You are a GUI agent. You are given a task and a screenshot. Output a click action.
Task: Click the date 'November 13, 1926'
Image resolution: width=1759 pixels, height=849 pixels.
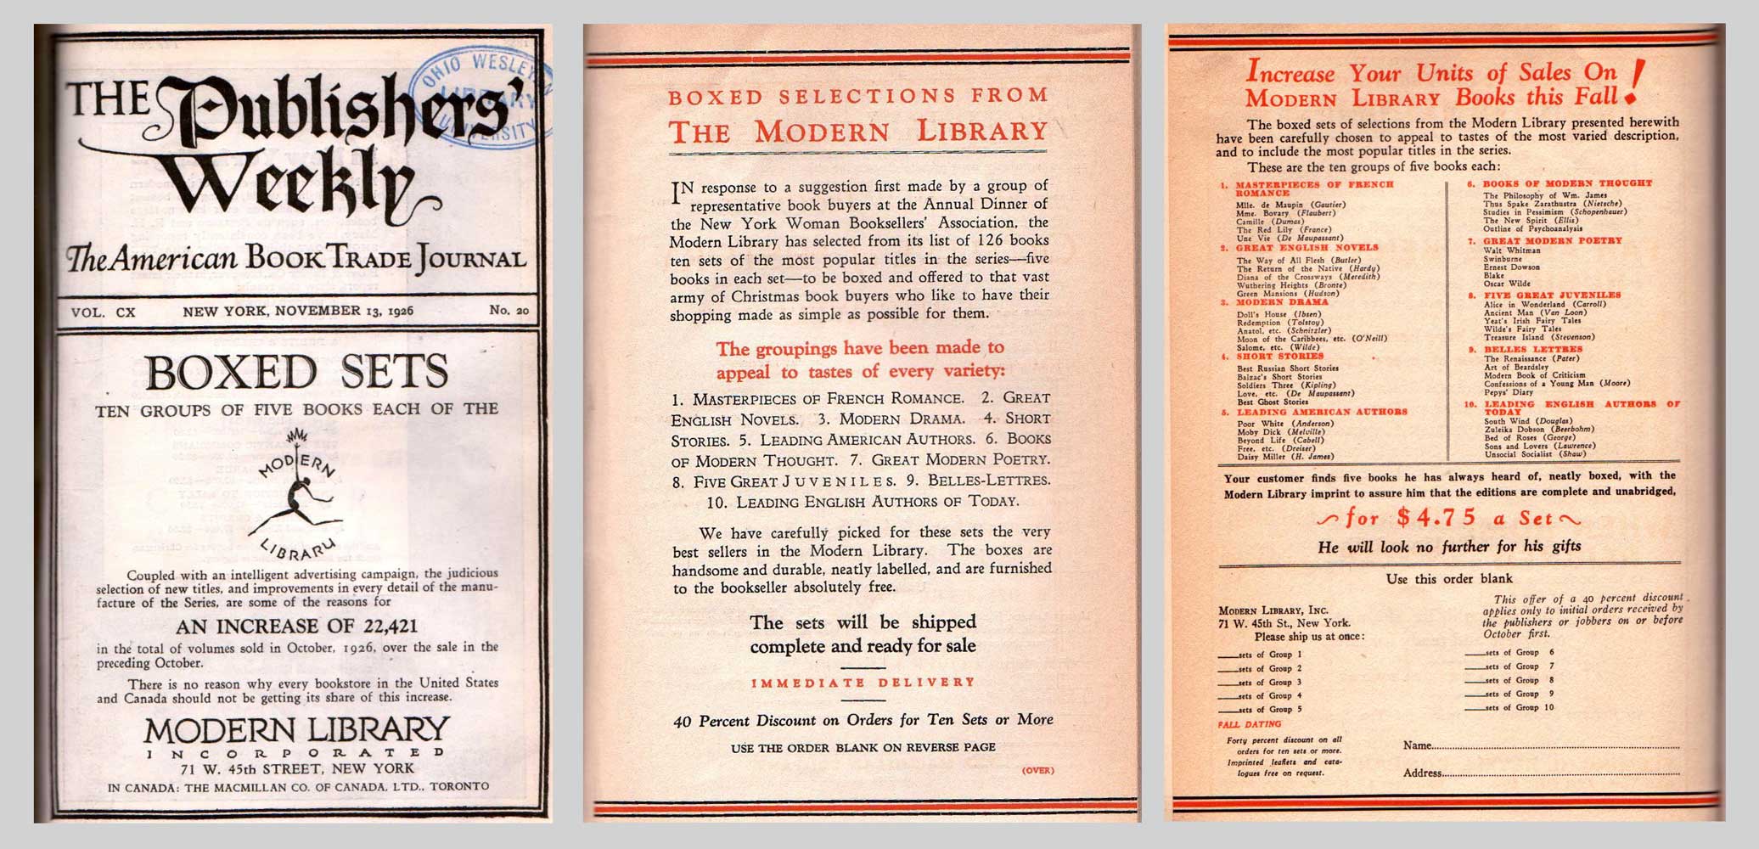(x=298, y=311)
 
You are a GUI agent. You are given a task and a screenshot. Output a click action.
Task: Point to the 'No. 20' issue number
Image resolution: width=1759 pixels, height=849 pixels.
(x=509, y=311)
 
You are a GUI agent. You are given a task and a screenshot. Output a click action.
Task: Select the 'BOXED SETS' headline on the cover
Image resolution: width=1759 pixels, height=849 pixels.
(x=296, y=372)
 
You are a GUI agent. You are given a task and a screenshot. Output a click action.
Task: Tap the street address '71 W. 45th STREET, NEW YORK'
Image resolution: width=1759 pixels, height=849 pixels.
(x=296, y=768)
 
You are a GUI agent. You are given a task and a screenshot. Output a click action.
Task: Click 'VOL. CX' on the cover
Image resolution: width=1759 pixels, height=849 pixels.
(x=104, y=312)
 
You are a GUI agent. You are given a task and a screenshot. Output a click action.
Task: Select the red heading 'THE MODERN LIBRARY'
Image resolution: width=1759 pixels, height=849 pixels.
(x=858, y=132)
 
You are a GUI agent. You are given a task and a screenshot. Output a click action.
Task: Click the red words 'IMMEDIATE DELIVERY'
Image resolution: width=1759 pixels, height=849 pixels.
(x=863, y=682)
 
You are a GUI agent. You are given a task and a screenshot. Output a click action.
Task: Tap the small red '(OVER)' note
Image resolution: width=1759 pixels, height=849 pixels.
(x=1037, y=771)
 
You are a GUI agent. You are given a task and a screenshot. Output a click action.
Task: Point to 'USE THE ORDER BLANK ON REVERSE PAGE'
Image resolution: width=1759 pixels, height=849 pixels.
(x=863, y=748)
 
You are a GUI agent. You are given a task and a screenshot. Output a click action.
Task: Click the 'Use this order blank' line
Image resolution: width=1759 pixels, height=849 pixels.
(x=1448, y=579)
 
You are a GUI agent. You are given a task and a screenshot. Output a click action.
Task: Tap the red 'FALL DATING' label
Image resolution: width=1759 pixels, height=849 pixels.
(x=1249, y=724)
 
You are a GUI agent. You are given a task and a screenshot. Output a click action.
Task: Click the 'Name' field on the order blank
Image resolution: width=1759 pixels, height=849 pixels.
(x=1541, y=746)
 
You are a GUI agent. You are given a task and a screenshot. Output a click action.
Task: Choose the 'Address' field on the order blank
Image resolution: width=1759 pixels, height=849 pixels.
(x=1541, y=773)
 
